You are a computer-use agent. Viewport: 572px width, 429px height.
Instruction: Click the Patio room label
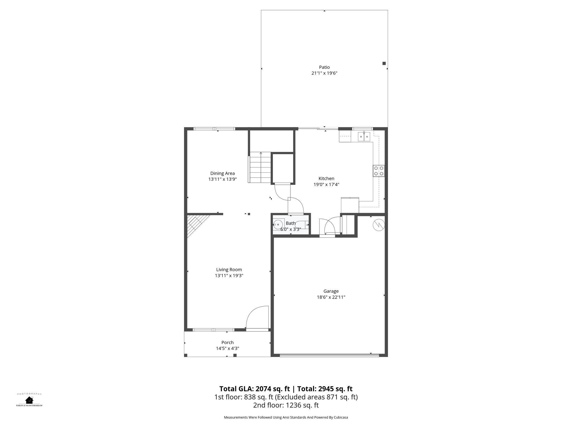(x=324, y=67)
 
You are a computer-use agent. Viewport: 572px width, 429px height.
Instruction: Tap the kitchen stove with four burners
(x=378, y=171)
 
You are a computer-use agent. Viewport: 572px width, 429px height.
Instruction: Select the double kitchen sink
(x=364, y=137)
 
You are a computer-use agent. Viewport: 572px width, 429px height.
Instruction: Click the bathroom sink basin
(x=278, y=224)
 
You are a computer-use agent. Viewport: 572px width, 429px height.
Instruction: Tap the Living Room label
(x=229, y=270)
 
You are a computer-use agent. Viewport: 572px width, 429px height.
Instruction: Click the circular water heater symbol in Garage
(x=379, y=224)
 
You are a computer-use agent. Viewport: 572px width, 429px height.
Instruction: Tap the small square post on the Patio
(x=384, y=63)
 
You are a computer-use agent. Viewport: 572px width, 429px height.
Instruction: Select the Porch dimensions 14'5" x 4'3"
(x=227, y=349)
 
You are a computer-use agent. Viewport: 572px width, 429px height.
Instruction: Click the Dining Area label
(x=222, y=173)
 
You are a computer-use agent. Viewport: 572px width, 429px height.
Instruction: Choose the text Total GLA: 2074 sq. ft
(x=254, y=389)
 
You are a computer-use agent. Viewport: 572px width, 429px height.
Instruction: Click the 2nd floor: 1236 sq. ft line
(x=286, y=405)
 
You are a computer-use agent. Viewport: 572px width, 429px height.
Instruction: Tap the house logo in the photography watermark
(x=29, y=400)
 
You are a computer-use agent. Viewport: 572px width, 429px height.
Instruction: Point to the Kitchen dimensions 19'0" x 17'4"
(x=326, y=184)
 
